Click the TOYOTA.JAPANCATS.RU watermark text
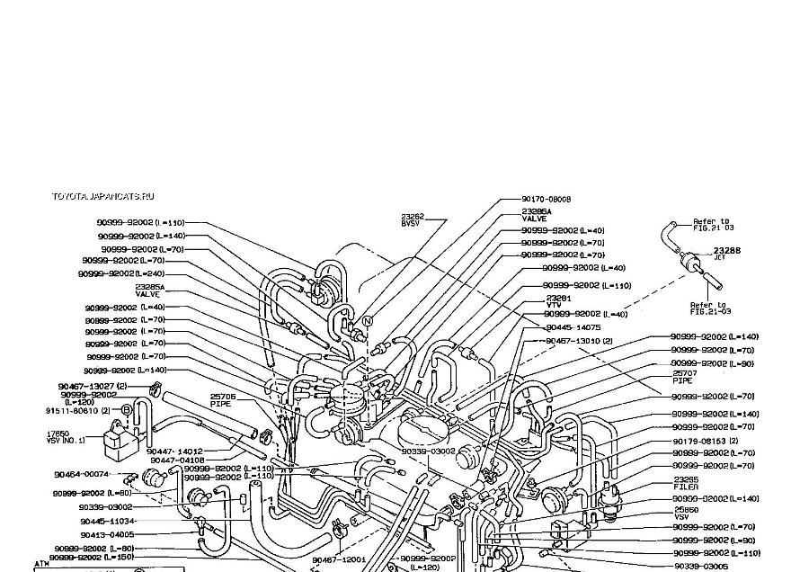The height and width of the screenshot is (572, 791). coord(102,196)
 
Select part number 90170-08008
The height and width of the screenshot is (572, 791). coord(547,199)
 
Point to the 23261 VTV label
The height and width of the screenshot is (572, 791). coord(558,300)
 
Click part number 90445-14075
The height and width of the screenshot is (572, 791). coord(574,327)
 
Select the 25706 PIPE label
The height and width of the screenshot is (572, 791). coord(223,398)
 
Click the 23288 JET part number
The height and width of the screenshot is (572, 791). coord(726,252)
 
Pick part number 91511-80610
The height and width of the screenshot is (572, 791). coord(77,410)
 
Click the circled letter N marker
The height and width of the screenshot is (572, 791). coord(367,321)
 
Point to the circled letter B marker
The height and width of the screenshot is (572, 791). coord(127,410)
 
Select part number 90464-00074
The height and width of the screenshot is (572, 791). coord(82,474)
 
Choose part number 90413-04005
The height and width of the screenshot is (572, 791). coord(107,534)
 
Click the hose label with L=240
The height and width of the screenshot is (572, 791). coord(121,273)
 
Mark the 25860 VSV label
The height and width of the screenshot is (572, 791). coord(686,513)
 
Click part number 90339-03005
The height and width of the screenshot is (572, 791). coord(699,567)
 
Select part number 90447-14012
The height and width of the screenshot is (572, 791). coord(174,451)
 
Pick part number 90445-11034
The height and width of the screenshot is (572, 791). coord(107,521)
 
